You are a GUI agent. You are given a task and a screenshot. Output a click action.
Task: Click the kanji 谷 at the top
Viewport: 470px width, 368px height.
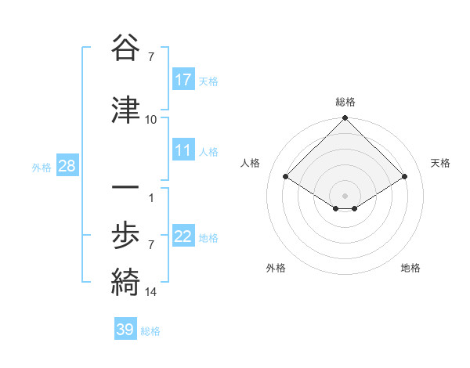tap(125, 49)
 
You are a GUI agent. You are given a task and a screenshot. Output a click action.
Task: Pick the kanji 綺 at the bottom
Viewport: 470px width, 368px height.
tap(125, 282)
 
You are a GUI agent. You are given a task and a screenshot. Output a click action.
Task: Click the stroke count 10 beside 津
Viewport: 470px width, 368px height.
tap(151, 119)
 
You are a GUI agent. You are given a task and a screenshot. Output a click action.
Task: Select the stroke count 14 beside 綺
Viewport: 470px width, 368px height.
tap(151, 292)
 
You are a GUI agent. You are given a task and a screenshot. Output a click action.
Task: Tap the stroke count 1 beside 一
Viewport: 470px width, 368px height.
tap(151, 197)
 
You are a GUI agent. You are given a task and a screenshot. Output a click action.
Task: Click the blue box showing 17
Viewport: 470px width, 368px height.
tap(183, 80)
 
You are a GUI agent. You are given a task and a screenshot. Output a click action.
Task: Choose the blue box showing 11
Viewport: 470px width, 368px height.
tap(183, 150)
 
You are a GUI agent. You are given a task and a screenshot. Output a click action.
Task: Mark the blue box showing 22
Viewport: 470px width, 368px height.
tap(183, 236)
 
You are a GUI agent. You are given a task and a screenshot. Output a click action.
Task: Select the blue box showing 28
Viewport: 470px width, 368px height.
tap(67, 166)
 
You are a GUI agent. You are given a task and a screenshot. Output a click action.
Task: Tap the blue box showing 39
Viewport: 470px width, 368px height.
tap(125, 330)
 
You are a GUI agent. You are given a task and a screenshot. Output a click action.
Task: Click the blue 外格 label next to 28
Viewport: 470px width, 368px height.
tap(42, 167)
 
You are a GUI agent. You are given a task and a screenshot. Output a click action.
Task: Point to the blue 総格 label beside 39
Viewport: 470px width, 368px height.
tap(150, 331)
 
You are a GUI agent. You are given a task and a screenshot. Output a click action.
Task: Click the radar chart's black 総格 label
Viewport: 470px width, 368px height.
tap(345, 102)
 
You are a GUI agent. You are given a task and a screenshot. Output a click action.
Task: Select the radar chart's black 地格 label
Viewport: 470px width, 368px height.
tap(410, 268)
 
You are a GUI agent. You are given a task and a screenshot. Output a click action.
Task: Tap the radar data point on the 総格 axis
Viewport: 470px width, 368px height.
tap(345, 119)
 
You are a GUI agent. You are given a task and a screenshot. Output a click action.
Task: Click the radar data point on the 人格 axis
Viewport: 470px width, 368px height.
tap(286, 177)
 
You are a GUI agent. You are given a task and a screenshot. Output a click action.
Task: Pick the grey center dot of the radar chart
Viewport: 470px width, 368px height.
tap(345, 194)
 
